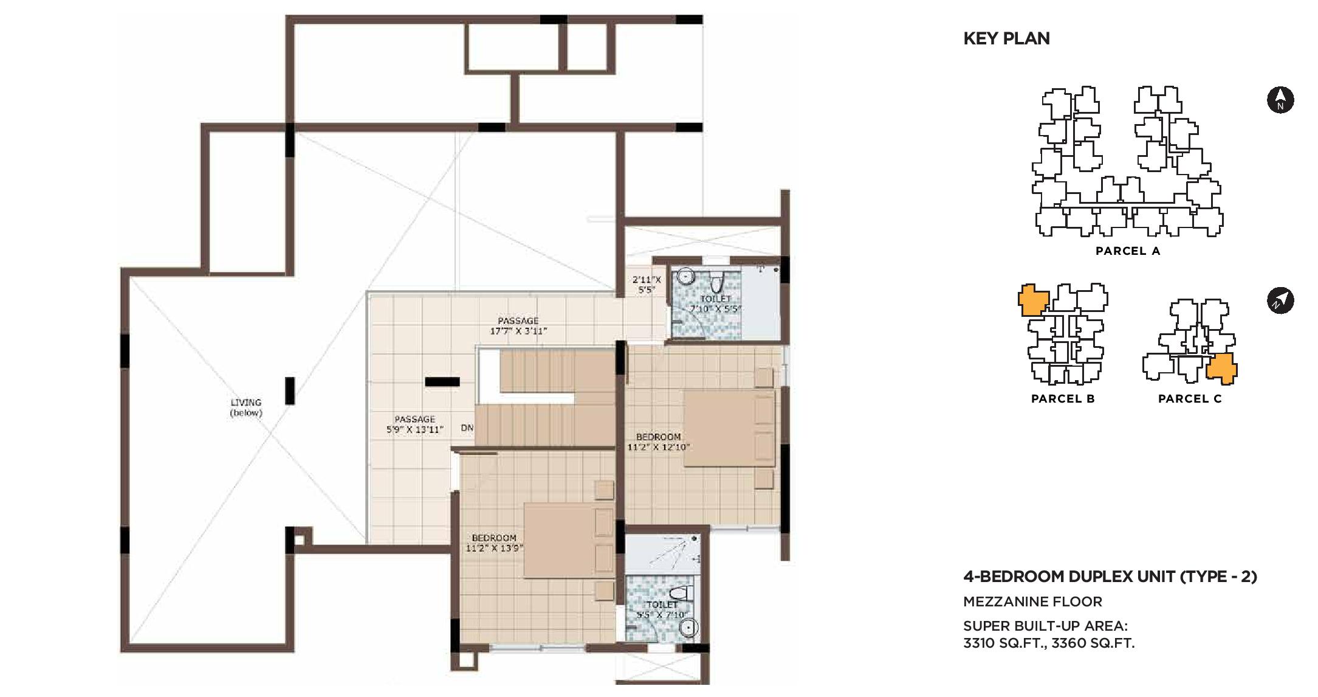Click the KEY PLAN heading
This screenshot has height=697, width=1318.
point(1006,38)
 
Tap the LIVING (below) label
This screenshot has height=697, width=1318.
point(246,407)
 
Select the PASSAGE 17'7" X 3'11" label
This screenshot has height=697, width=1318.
point(518,326)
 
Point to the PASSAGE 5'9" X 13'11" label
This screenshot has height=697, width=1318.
point(414,424)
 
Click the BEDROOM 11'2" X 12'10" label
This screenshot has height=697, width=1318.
point(658,442)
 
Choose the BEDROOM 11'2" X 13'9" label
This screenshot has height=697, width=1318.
point(494,543)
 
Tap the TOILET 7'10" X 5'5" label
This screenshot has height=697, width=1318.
point(715,303)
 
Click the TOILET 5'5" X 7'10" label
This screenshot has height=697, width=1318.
point(662,609)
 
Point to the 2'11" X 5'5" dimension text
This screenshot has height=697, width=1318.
point(647,285)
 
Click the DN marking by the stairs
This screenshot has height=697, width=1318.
point(467,428)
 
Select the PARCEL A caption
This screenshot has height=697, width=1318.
point(1128,251)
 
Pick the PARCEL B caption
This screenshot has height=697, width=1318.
point(1063,399)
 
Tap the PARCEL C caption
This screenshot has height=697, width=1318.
point(1190,399)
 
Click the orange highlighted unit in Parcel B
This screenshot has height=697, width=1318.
point(1034,300)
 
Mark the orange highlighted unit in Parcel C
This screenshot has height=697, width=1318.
point(1221,369)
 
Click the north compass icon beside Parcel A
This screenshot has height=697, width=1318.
point(1280,100)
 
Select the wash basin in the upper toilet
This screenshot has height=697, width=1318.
point(685,277)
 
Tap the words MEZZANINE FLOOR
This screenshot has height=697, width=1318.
point(1032,602)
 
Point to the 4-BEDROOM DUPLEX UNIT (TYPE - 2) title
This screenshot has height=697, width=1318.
point(1110,576)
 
